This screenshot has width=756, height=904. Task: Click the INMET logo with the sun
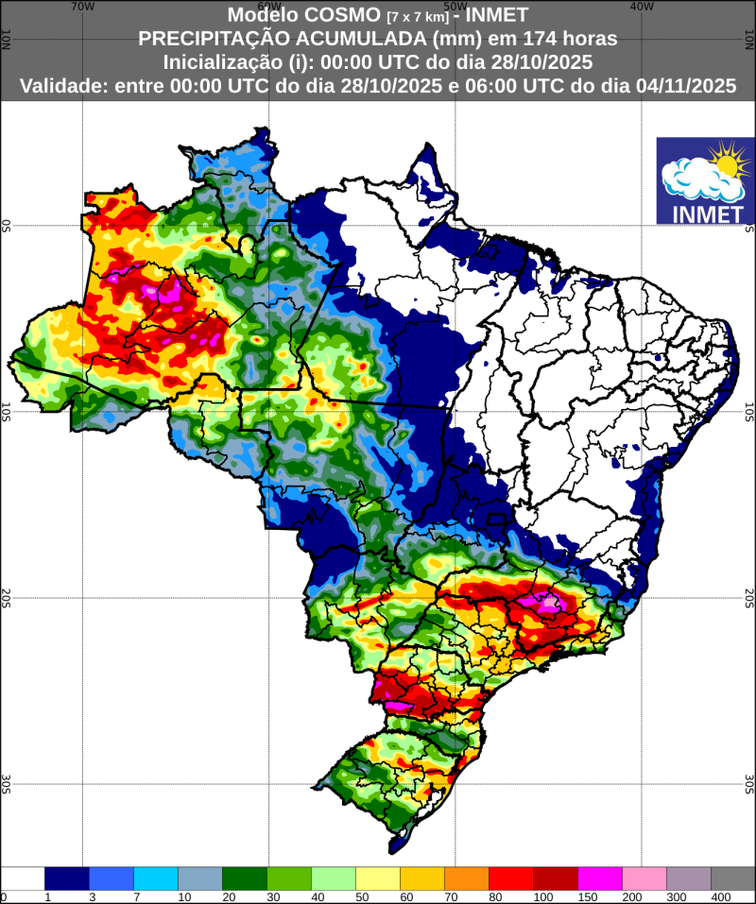point(705,180)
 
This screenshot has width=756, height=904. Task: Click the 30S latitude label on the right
point(748,783)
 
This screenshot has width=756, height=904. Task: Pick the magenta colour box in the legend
point(600,878)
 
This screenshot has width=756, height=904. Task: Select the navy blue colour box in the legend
point(66,878)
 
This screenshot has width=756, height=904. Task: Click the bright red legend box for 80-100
point(511,878)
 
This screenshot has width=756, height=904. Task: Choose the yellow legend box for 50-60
point(378,878)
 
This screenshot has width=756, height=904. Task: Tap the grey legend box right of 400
point(733,878)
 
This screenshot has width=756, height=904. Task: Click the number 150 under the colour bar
point(578,896)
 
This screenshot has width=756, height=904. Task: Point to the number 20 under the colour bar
point(223,896)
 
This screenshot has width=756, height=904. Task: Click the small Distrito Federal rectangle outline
point(495,520)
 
